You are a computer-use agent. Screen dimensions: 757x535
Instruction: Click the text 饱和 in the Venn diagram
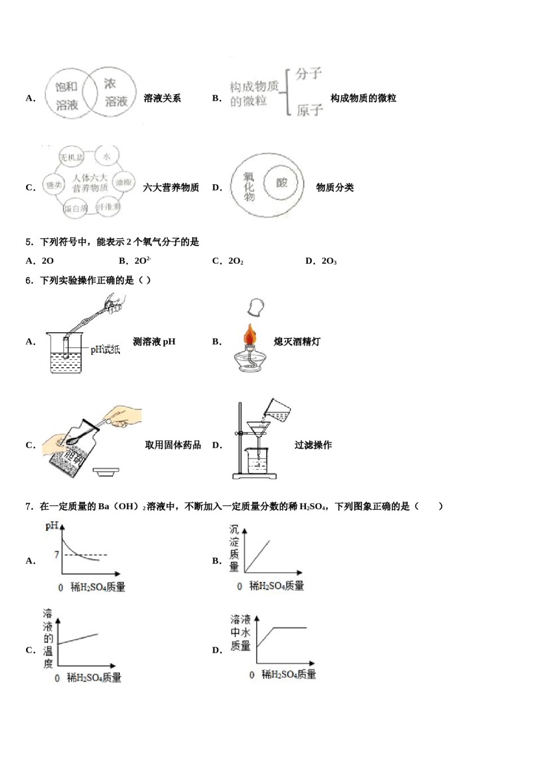point(66,87)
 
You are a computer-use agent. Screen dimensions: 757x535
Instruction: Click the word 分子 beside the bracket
point(309,74)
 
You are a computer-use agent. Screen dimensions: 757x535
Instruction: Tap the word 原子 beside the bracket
point(310,110)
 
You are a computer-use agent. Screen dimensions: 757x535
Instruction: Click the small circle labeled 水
point(106,157)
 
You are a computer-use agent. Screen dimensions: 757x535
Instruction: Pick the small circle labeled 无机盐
point(72,157)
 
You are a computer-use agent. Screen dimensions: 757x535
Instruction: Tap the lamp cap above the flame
point(255,308)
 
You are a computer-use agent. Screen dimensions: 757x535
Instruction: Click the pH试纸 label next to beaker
point(105,350)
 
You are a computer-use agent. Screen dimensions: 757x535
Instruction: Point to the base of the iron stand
point(255,476)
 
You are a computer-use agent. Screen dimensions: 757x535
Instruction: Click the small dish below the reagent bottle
point(106,471)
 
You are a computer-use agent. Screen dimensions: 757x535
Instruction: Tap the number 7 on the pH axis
point(56,555)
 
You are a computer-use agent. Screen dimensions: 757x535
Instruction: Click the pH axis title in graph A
point(52,526)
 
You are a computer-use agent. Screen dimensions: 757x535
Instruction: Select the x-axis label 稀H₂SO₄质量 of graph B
point(276,586)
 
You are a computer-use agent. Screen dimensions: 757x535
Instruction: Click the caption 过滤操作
point(313,445)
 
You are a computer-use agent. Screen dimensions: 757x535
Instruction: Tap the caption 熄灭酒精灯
point(297,341)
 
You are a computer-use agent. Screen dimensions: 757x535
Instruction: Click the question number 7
point(29,506)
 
